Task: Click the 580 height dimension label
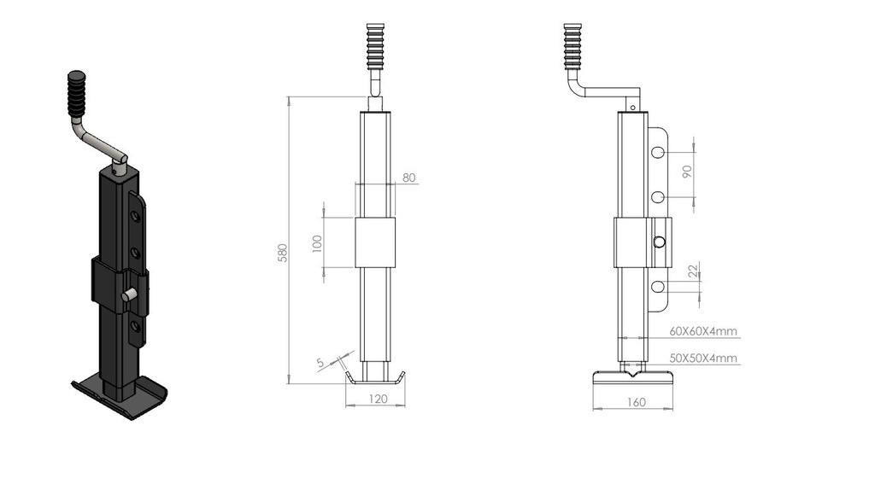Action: [283, 253]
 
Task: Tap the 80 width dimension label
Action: [409, 178]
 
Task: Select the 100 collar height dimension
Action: [317, 243]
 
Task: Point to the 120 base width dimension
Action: [379, 399]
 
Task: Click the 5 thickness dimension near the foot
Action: [320, 363]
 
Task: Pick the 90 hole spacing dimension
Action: [687, 172]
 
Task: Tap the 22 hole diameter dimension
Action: [693, 271]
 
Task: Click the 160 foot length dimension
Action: [636, 402]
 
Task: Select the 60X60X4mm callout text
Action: [703, 331]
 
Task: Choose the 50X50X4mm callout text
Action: [703, 358]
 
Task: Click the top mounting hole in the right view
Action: [659, 152]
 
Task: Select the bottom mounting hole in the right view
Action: [659, 287]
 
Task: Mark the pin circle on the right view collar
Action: [660, 242]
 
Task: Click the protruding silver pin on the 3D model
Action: [129, 294]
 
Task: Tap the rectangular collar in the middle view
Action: [375, 242]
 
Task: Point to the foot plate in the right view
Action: [632, 379]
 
